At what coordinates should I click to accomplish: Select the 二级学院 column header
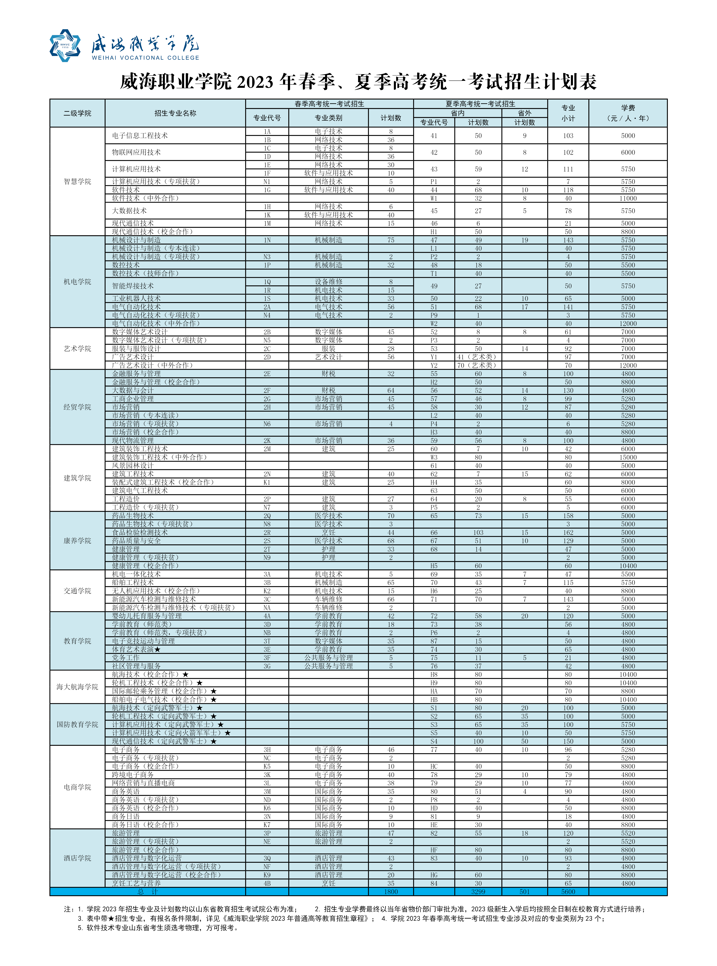point(77,113)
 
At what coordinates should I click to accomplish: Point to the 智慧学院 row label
point(77,181)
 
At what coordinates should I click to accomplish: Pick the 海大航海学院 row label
point(77,686)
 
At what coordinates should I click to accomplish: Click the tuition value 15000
point(628,457)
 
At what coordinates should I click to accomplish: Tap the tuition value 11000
point(628,198)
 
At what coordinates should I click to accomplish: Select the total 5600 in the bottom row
point(568,891)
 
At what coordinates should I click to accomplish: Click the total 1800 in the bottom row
point(391,891)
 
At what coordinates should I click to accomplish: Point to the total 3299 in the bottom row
point(478,891)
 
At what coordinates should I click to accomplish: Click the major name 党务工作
point(126,657)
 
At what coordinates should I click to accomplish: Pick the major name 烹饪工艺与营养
point(136,883)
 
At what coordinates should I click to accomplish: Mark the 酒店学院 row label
point(77,858)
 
